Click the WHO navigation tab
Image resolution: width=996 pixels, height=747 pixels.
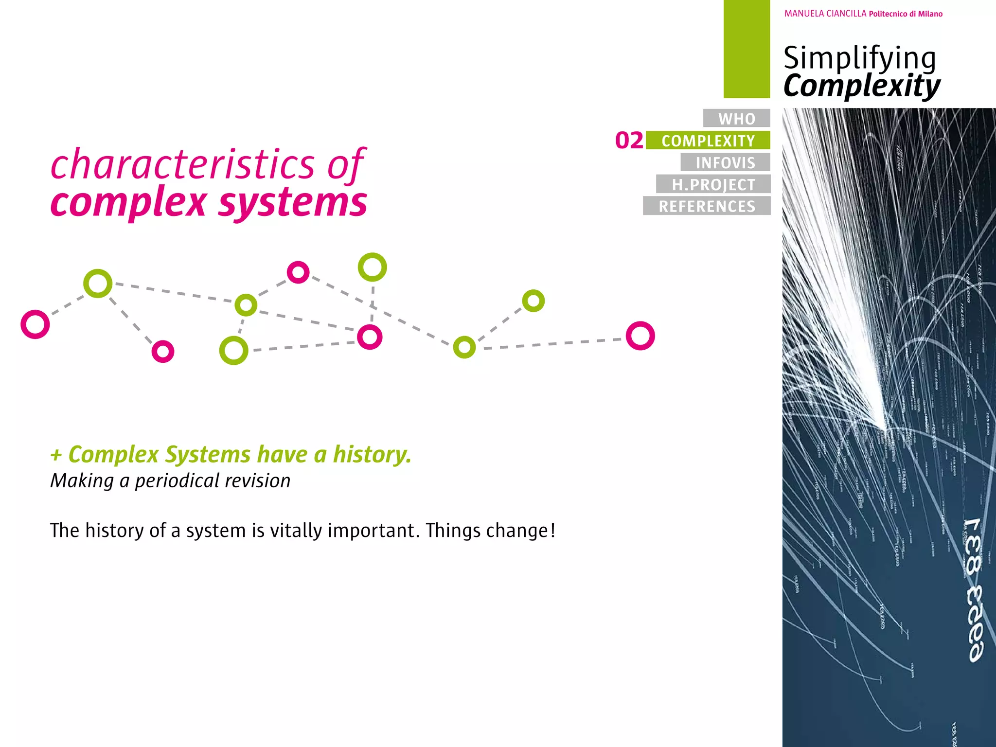(736, 118)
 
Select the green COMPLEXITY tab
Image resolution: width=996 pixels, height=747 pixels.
(708, 141)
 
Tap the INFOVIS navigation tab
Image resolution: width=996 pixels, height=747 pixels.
(725, 162)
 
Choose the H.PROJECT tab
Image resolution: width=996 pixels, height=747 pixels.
(713, 184)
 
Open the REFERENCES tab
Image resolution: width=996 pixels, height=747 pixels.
(707, 206)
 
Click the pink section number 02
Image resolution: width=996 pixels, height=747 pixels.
(629, 141)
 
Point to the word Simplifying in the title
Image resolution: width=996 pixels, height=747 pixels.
(859, 58)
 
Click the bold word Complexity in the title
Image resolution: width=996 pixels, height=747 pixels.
(862, 86)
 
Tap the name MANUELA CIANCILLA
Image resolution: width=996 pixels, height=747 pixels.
(825, 14)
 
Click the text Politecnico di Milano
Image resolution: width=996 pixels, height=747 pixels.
(906, 14)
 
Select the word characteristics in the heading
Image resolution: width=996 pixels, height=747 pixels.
(183, 165)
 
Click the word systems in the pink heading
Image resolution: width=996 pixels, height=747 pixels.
(293, 202)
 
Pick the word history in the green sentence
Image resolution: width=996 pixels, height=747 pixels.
(372, 455)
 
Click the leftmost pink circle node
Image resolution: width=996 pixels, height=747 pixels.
(35, 324)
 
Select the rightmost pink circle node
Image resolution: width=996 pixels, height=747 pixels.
(640, 336)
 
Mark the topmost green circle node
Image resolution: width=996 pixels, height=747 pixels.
(372, 267)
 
